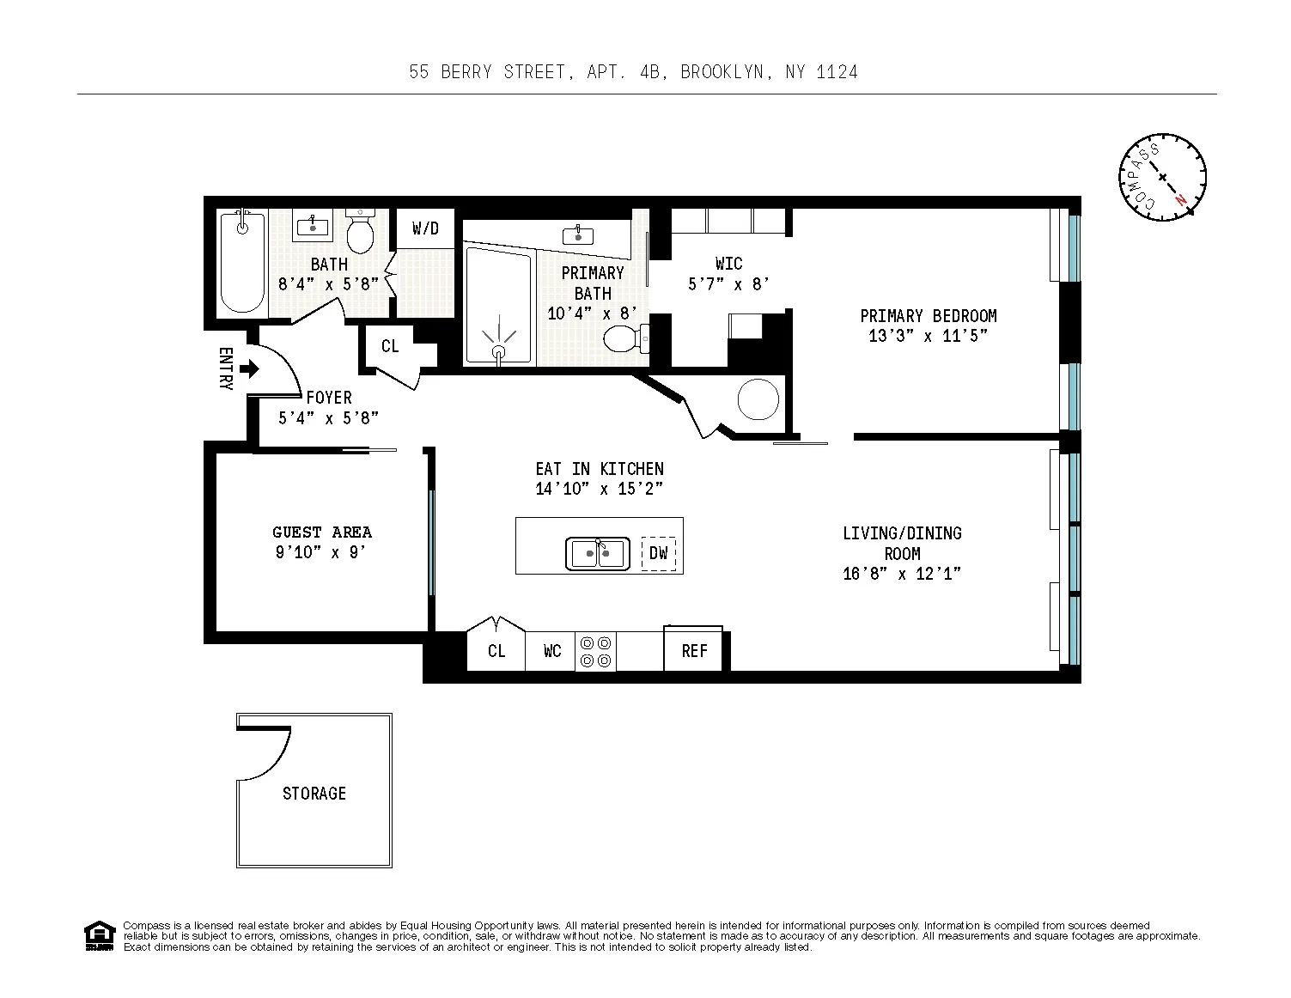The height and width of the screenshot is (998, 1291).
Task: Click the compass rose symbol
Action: click(1162, 177)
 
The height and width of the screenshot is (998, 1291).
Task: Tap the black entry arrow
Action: click(249, 369)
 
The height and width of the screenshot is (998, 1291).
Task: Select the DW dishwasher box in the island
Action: click(658, 553)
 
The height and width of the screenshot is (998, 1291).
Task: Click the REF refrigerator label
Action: click(694, 651)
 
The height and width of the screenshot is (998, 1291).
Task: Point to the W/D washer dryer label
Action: click(425, 228)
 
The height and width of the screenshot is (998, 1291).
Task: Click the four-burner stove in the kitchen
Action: click(595, 651)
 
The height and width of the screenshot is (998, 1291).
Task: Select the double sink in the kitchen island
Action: click(599, 553)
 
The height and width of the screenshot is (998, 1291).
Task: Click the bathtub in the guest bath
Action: click(242, 261)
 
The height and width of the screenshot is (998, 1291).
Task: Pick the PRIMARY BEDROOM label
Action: click(928, 316)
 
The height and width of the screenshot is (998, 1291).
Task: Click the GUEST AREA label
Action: click(322, 532)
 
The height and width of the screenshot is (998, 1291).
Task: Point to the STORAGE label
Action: click(314, 794)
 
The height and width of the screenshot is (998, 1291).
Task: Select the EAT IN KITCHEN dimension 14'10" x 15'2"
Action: click(599, 490)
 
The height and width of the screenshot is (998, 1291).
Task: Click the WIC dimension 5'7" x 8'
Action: click(728, 283)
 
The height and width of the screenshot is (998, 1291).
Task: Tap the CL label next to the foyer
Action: click(390, 346)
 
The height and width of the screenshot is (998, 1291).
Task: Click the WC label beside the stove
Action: click(552, 651)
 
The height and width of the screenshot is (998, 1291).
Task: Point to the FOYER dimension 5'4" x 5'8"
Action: click(328, 418)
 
